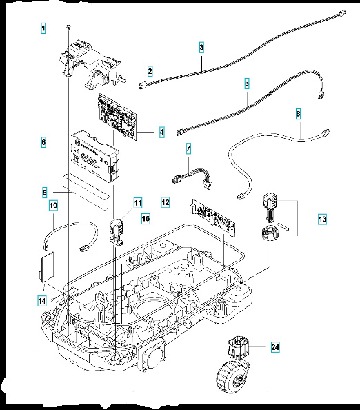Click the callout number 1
[x=43, y=28]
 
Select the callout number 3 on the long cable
[x=201, y=48]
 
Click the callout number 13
[x=321, y=219]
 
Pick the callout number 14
[x=43, y=300]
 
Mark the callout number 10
[x=52, y=206]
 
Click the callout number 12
[x=165, y=203]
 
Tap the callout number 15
[x=146, y=219]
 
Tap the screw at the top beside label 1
[x=69, y=26]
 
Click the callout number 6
[x=43, y=142]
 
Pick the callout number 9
[x=43, y=191]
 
